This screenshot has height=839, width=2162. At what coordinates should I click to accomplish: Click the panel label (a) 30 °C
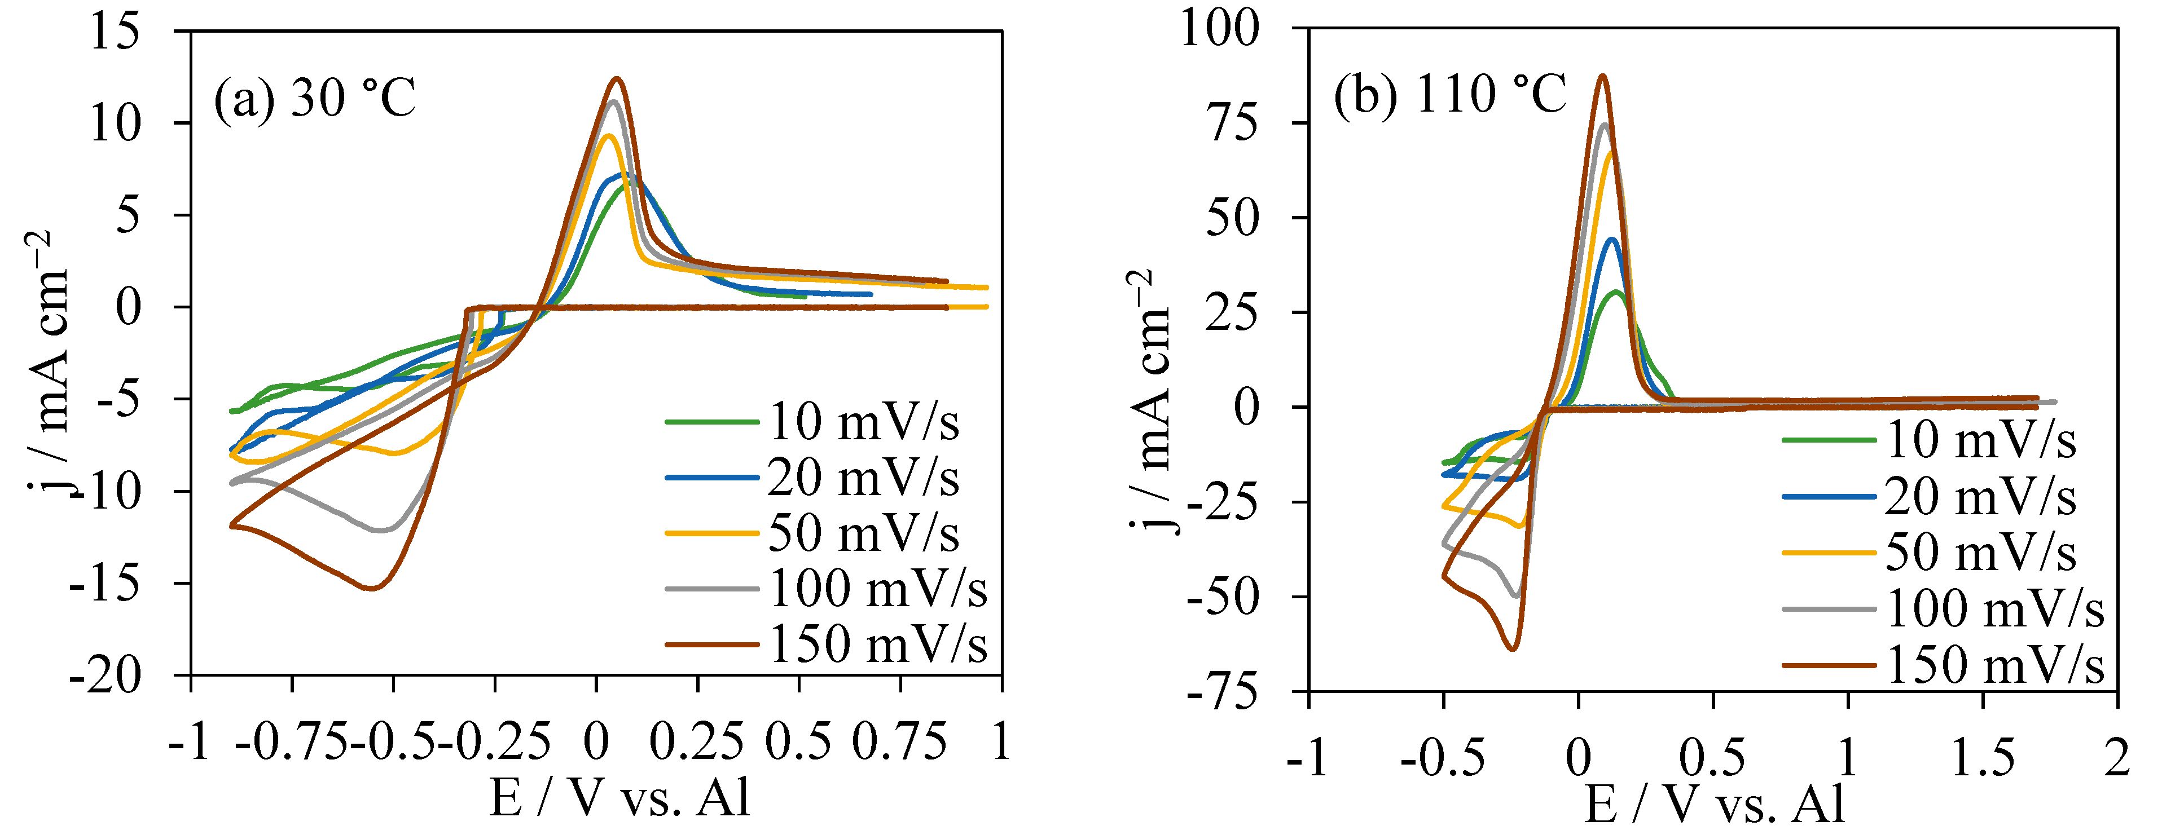click(315, 99)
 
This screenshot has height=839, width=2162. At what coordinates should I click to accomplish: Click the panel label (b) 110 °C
click(1449, 94)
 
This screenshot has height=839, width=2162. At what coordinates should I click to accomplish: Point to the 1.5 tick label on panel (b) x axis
click(1983, 758)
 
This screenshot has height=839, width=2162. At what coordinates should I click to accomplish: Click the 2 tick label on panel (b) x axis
click(2117, 758)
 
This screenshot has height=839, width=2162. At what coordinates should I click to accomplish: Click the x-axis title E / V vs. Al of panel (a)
click(619, 797)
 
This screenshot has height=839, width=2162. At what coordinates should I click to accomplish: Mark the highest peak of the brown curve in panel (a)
click(617, 79)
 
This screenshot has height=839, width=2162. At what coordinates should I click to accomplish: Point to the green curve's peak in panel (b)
click(1616, 292)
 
